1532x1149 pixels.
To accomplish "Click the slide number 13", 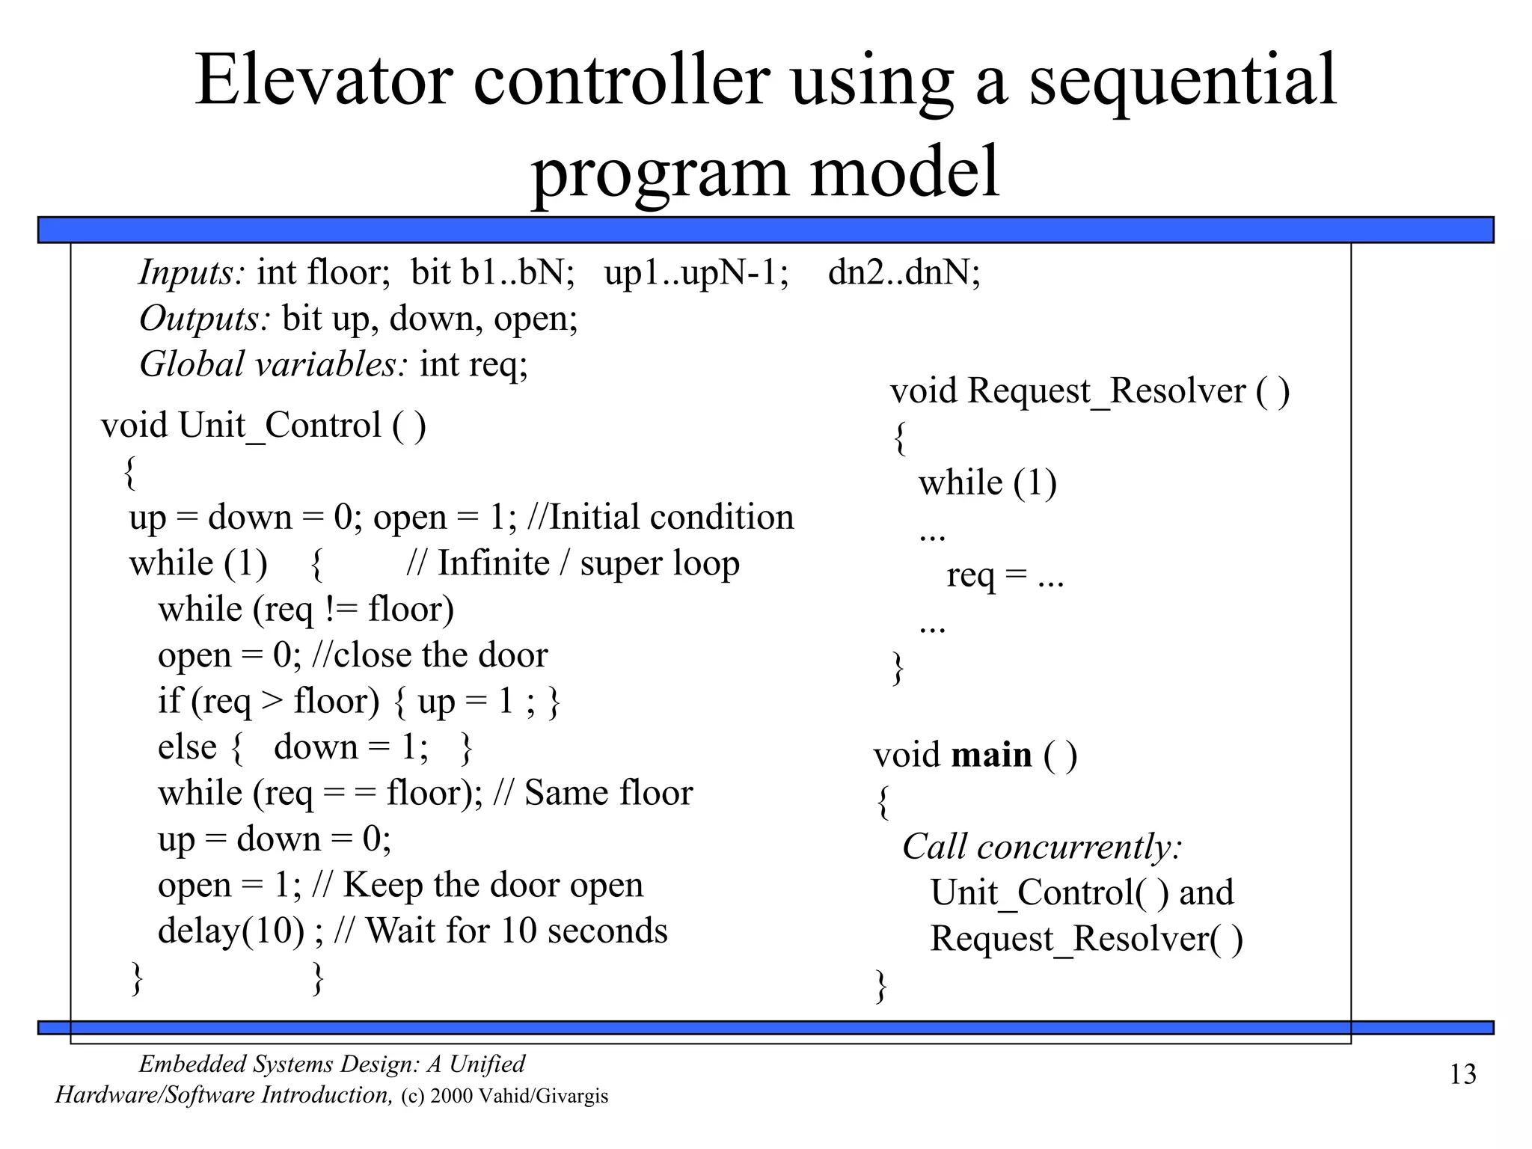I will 1462,1075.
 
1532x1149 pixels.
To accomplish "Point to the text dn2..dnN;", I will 904,272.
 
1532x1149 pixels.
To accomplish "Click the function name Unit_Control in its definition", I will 280,426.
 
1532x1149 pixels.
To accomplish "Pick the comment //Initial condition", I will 661,518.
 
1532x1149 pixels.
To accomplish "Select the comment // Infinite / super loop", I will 573,563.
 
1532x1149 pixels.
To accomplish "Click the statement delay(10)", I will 231,931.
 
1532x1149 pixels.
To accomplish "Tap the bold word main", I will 991,755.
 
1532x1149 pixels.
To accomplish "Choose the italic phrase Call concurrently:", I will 1042,847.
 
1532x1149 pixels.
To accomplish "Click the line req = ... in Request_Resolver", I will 1005,575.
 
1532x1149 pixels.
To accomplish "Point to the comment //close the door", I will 429,655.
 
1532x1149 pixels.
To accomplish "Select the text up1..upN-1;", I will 696,272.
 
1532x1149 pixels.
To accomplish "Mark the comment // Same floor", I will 593,793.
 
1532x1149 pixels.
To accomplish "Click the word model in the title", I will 904,172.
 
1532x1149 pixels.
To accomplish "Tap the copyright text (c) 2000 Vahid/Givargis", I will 505,1097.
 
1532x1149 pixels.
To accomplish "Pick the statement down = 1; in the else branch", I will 351,747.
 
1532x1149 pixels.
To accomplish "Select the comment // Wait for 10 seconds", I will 500,931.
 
